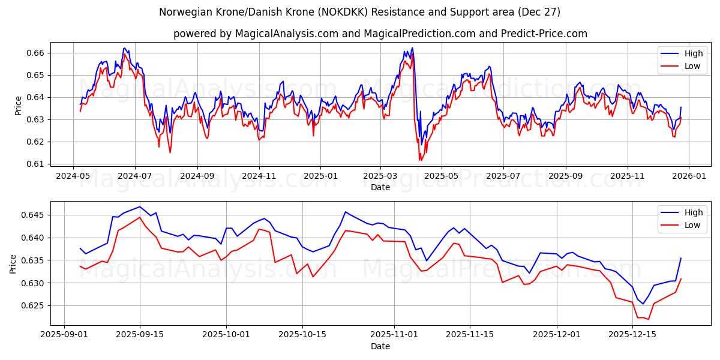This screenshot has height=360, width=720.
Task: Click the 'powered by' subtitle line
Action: coord(380,34)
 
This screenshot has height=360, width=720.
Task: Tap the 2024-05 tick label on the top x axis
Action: coord(73,176)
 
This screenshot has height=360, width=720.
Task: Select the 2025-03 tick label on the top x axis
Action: coord(380,176)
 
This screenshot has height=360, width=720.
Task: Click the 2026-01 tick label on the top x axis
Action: coord(688,176)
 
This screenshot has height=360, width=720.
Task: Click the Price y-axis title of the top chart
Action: coord(18,106)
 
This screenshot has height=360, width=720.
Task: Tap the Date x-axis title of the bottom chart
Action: coord(380,346)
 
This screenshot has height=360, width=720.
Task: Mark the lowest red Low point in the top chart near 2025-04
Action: coord(421,160)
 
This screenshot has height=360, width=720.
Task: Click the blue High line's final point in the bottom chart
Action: coord(681,258)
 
